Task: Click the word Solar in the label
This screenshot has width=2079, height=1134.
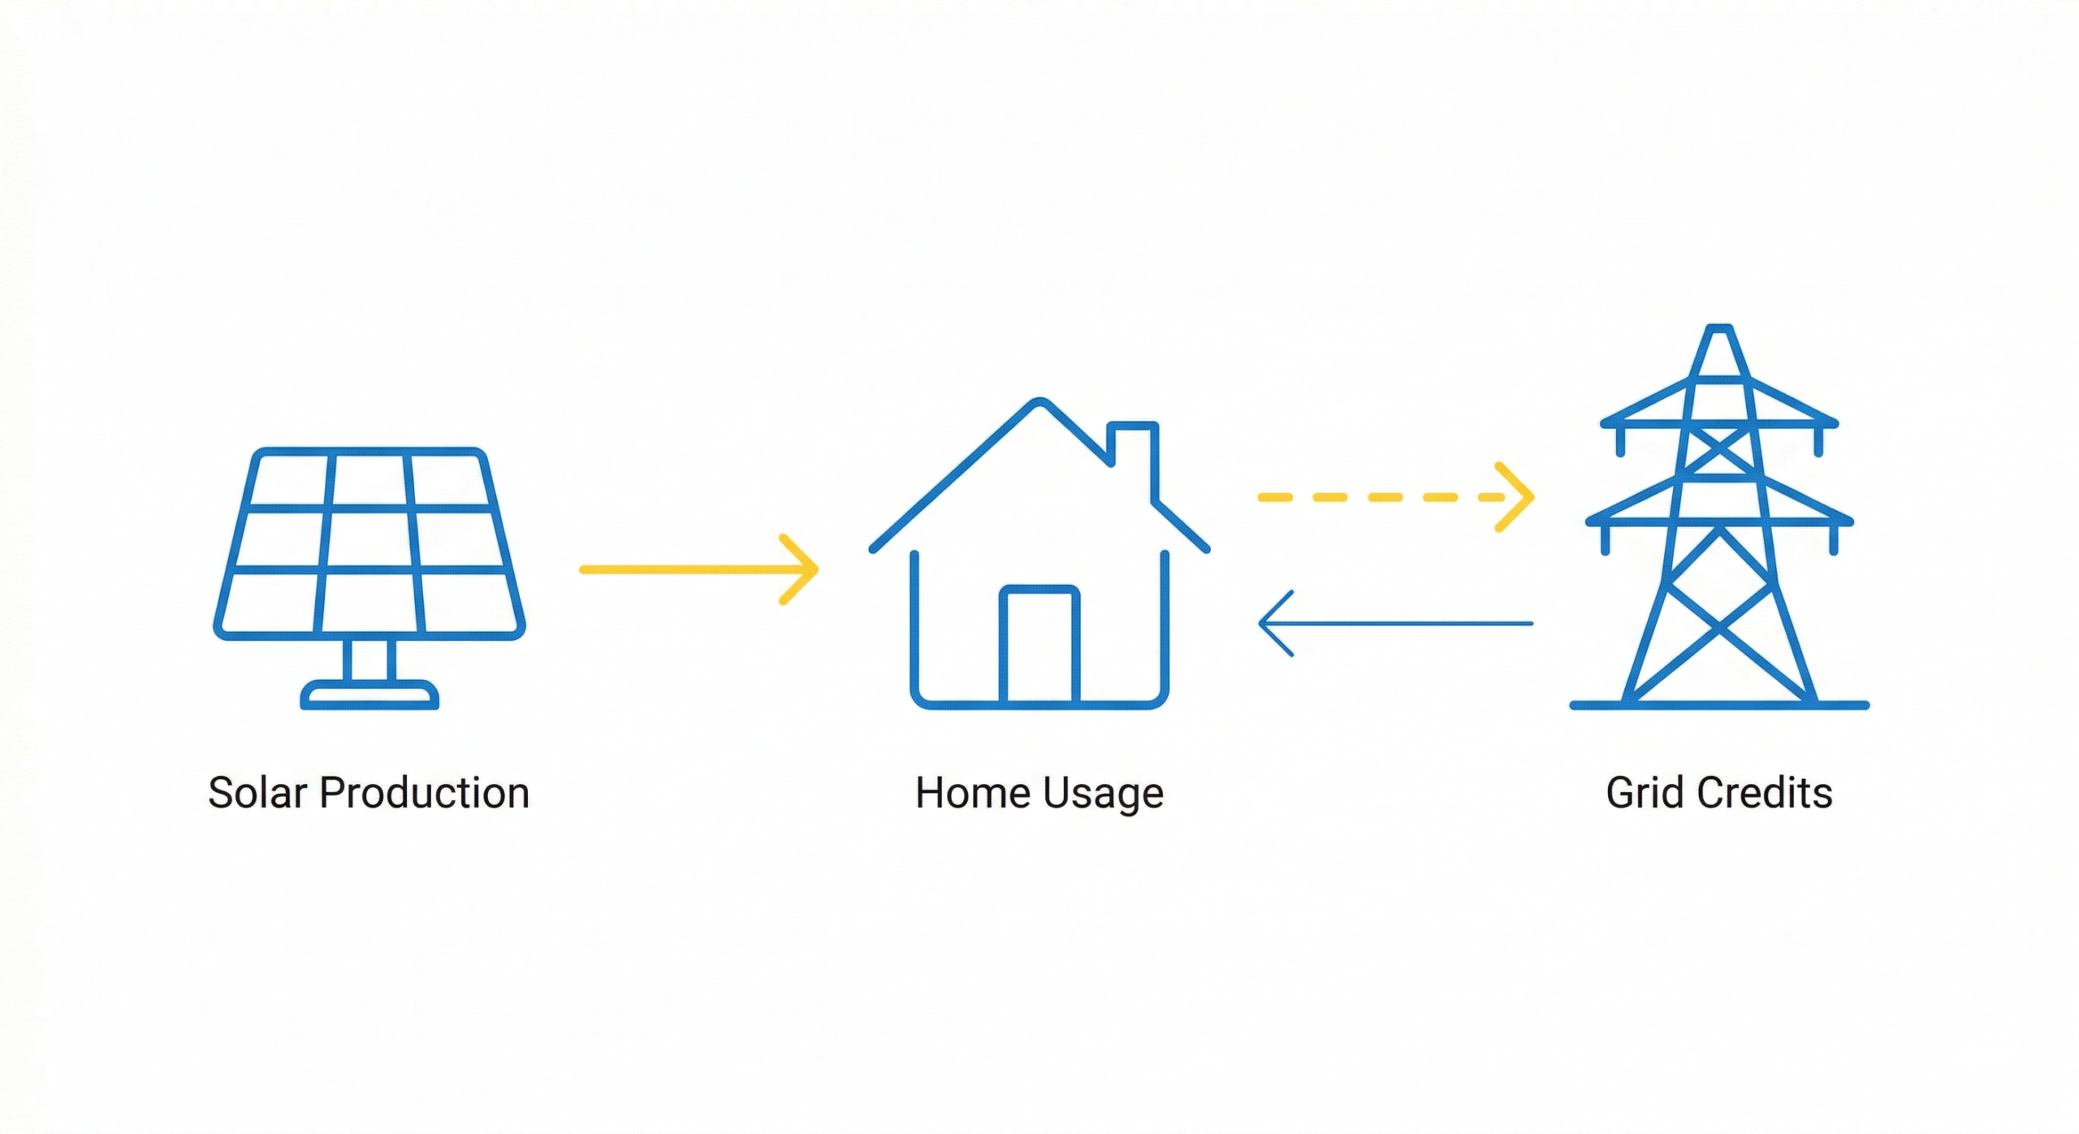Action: pyautogui.click(x=258, y=792)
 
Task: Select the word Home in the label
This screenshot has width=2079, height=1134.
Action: pyautogui.click(x=972, y=792)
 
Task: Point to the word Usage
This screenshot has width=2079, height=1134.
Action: pyautogui.click(x=1103, y=794)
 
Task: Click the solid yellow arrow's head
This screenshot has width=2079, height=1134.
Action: pyautogui.click(x=799, y=569)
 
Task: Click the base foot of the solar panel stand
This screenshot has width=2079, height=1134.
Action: pyautogui.click(x=370, y=695)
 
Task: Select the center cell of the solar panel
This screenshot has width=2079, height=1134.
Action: pyautogui.click(x=370, y=539)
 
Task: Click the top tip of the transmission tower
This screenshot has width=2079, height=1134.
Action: pyautogui.click(x=1719, y=328)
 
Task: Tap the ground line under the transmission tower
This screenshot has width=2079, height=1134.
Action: pyautogui.click(x=1719, y=705)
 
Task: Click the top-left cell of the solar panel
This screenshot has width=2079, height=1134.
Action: pyautogui.click(x=291, y=480)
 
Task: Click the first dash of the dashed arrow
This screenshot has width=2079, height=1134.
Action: pyautogui.click(x=1275, y=496)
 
